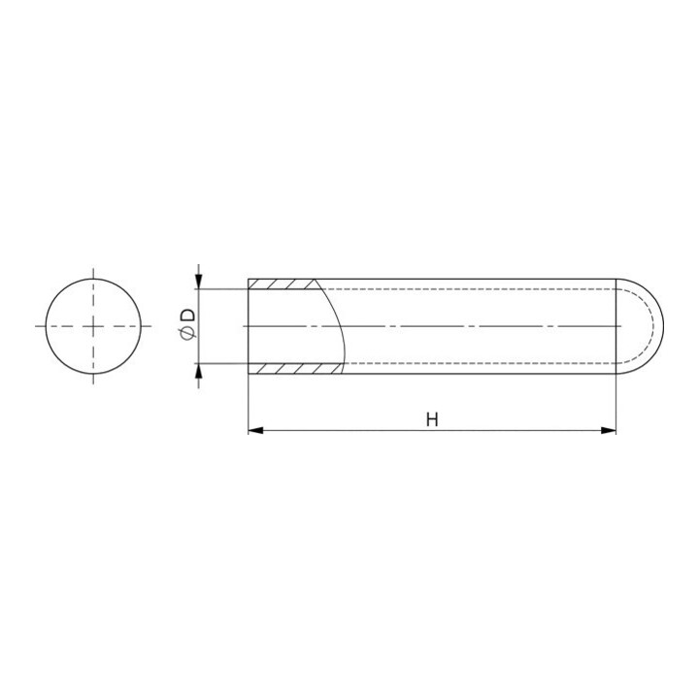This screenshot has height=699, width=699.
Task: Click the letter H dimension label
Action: [432, 419]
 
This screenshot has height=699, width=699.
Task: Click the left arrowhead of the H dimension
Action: [255, 430]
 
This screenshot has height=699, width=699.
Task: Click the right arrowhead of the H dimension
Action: [609, 430]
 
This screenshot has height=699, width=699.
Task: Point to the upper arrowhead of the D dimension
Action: [199, 282]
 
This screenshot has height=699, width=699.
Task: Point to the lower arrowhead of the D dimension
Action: [199, 371]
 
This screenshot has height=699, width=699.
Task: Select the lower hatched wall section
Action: [296, 368]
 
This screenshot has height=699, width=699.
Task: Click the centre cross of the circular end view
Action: [93, 326]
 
